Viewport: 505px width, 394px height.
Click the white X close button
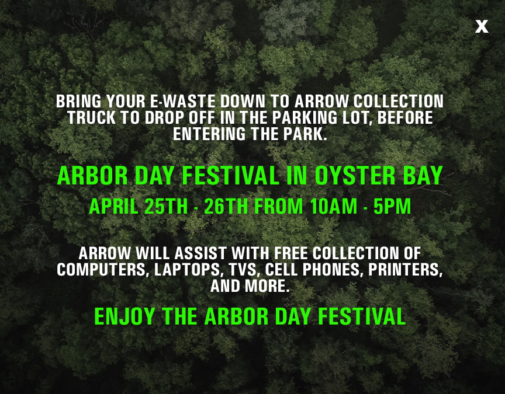[x=482, y=26]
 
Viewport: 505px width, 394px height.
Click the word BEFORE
[x=405, y=118]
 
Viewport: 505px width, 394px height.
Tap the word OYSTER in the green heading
[x=355, y=176]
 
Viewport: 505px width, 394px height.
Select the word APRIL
[x=114, y=206]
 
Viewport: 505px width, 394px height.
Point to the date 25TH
[x=166, y=206]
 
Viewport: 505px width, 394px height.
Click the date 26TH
[x=226, y=206]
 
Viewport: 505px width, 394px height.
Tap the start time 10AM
[x=334, y=206]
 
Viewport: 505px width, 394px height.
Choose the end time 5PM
[x=392, y=206]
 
